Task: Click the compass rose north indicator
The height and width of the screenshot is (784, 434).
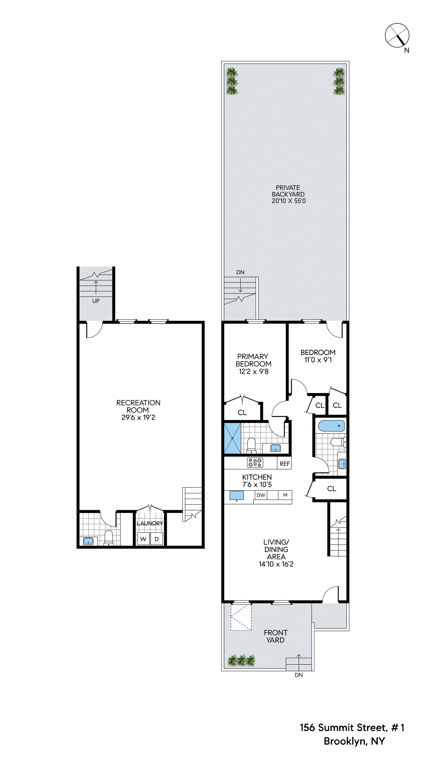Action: tap(397, 35)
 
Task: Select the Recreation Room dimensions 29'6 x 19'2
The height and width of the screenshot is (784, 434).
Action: tap(138, 418)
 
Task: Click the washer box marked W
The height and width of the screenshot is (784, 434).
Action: tap(143, 539)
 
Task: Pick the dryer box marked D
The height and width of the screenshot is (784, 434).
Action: tap(157, 539)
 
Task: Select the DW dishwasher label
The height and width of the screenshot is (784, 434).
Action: tap(261, 495)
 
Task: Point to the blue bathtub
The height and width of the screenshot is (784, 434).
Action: tap(331, 426)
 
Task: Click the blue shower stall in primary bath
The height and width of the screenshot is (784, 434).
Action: tap(233, 438)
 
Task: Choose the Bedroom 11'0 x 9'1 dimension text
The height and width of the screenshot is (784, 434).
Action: tap(318, 360)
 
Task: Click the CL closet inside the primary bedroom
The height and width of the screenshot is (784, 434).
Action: tap(242, 412)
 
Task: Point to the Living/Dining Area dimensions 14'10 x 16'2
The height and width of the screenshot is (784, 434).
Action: tap(276, 564)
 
